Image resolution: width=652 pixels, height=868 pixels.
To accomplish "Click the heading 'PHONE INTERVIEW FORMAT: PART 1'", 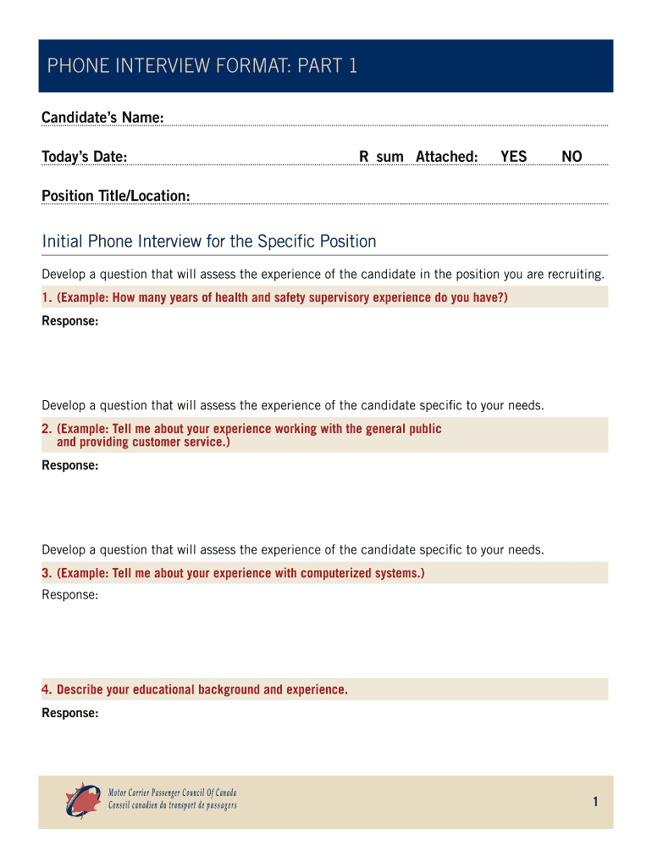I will [x=202, y=66].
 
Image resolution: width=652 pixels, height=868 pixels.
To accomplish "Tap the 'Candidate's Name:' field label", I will [x=102, y=117].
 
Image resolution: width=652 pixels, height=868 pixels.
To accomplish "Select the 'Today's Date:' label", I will [x=85, y=157].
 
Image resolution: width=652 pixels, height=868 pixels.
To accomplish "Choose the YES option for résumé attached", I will [x=513, y=157].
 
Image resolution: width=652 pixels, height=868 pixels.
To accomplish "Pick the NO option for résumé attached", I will [x=572, y=157].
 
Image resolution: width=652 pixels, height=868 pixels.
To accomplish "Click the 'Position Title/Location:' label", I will [x=116, y=196].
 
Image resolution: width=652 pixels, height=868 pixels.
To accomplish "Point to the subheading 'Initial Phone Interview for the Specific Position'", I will [x=209, y=242].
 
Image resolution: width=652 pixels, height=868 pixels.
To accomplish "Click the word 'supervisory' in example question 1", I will [x=336, y=298].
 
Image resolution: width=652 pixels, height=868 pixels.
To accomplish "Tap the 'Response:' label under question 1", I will [x=70, y=321].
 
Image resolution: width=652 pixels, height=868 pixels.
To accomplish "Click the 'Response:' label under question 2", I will [x=70, y=465].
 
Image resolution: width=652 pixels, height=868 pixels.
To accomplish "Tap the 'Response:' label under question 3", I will [x=70, y=595].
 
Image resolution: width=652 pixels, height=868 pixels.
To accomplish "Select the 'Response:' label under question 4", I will [x=70, y=713].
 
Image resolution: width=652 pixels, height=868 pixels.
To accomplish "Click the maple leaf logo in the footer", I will [x=83, y=799].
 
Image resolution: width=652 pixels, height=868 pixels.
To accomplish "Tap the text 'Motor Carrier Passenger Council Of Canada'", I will [x=173, y=793].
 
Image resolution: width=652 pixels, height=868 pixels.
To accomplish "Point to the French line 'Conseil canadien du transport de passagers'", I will [x=173, y=805].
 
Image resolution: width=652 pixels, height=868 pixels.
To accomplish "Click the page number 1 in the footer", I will [x=596, y=802].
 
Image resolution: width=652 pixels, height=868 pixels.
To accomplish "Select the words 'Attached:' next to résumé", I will [x=446, y=157].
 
